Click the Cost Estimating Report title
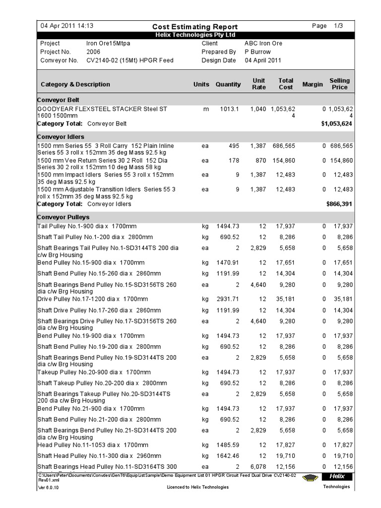tap(194, 27)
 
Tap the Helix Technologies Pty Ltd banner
tap(194, 35)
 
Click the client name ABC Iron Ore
tap(263, 43)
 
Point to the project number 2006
tap(93, 52)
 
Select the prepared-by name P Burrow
tap(257, 52)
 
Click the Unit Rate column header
tap(259, 84)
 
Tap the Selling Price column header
tap(339, 84)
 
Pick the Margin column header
tap(313, 84)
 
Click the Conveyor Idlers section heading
tap(61, 136)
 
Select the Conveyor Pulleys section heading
tap(63, 217)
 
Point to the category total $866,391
tap(339, 204)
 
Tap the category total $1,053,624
tap(336, 123)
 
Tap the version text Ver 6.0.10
tap(48, 487)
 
